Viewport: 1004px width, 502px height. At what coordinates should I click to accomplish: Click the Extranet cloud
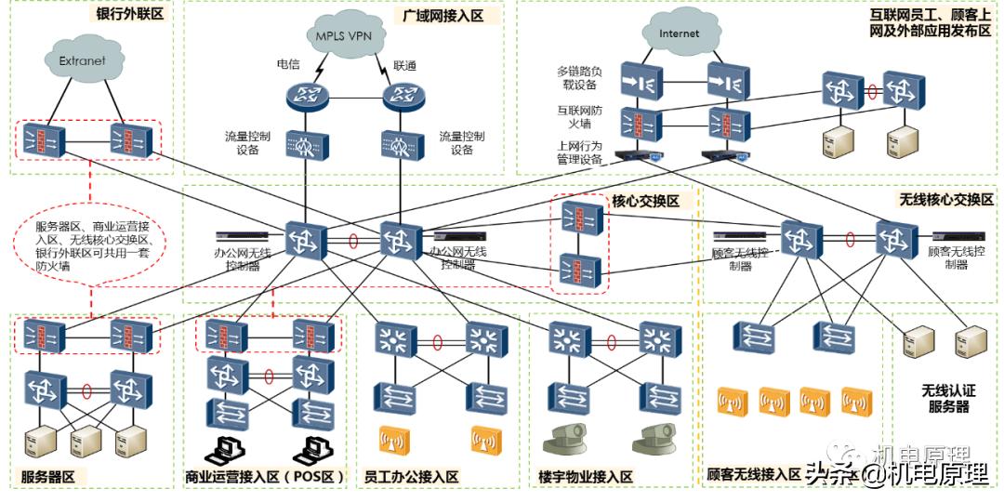(82, 60)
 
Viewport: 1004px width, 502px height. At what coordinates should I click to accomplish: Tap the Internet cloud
(679, 33)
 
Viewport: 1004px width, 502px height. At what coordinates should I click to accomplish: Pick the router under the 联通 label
(402, 94)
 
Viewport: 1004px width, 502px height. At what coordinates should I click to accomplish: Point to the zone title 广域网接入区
(443, 16)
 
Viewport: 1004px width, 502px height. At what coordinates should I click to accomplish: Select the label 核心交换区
(645, 201)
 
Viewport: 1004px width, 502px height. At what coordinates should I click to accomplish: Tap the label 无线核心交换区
(945, 200)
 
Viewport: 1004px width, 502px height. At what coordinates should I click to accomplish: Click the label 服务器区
(54, 478)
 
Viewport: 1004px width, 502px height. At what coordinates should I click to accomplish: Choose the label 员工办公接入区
(413, 477)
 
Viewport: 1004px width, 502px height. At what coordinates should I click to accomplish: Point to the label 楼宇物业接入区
(586, 477)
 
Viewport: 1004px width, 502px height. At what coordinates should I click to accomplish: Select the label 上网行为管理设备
(581, 152)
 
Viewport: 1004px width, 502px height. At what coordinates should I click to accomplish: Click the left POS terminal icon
(222, 450)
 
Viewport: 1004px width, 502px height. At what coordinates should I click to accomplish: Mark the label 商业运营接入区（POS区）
(265, 478)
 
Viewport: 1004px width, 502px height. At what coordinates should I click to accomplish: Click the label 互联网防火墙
(576, 116)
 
